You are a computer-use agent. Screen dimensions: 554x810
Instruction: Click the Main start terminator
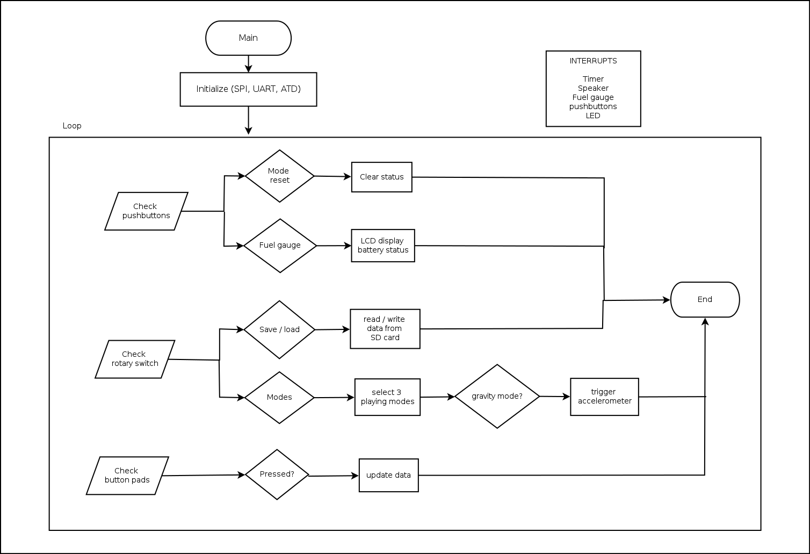tap(248, 38)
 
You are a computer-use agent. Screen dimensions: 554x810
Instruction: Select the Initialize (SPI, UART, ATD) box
tap(248, 89)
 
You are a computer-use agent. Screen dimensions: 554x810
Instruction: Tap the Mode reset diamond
tap(279, 176)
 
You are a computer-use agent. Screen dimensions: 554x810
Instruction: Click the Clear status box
tap(381, 177)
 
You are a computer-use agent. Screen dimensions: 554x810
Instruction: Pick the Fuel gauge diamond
tap(280, 246)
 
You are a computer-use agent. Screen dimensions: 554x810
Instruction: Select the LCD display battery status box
tap(383, 246)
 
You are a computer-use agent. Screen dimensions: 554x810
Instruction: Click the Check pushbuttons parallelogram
tap(146, 211)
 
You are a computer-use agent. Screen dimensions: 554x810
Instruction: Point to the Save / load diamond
tap(279, 329)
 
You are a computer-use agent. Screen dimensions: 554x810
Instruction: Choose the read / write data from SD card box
tap(385, 328)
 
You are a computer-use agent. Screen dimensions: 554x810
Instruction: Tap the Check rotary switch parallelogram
tap(135, 359)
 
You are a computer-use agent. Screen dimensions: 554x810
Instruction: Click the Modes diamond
tap(279, 398)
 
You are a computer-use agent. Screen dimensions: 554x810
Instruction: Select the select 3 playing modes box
tap(387, 397)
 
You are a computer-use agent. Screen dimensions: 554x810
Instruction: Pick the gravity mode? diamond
tap(497, 397)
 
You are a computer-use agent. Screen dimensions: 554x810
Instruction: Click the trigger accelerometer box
tap(604, 397)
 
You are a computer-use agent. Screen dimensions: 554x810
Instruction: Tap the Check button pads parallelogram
tap(127, 476)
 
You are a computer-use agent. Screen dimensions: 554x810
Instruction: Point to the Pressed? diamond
tap(277, 474)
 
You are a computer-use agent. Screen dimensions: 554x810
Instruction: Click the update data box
tap(388, 475)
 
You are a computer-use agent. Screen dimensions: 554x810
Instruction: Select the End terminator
tap(705, 300)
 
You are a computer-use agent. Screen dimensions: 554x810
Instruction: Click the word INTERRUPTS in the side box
tap(593, 61)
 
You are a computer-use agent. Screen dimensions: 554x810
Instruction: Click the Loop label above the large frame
tap(72, 126)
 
